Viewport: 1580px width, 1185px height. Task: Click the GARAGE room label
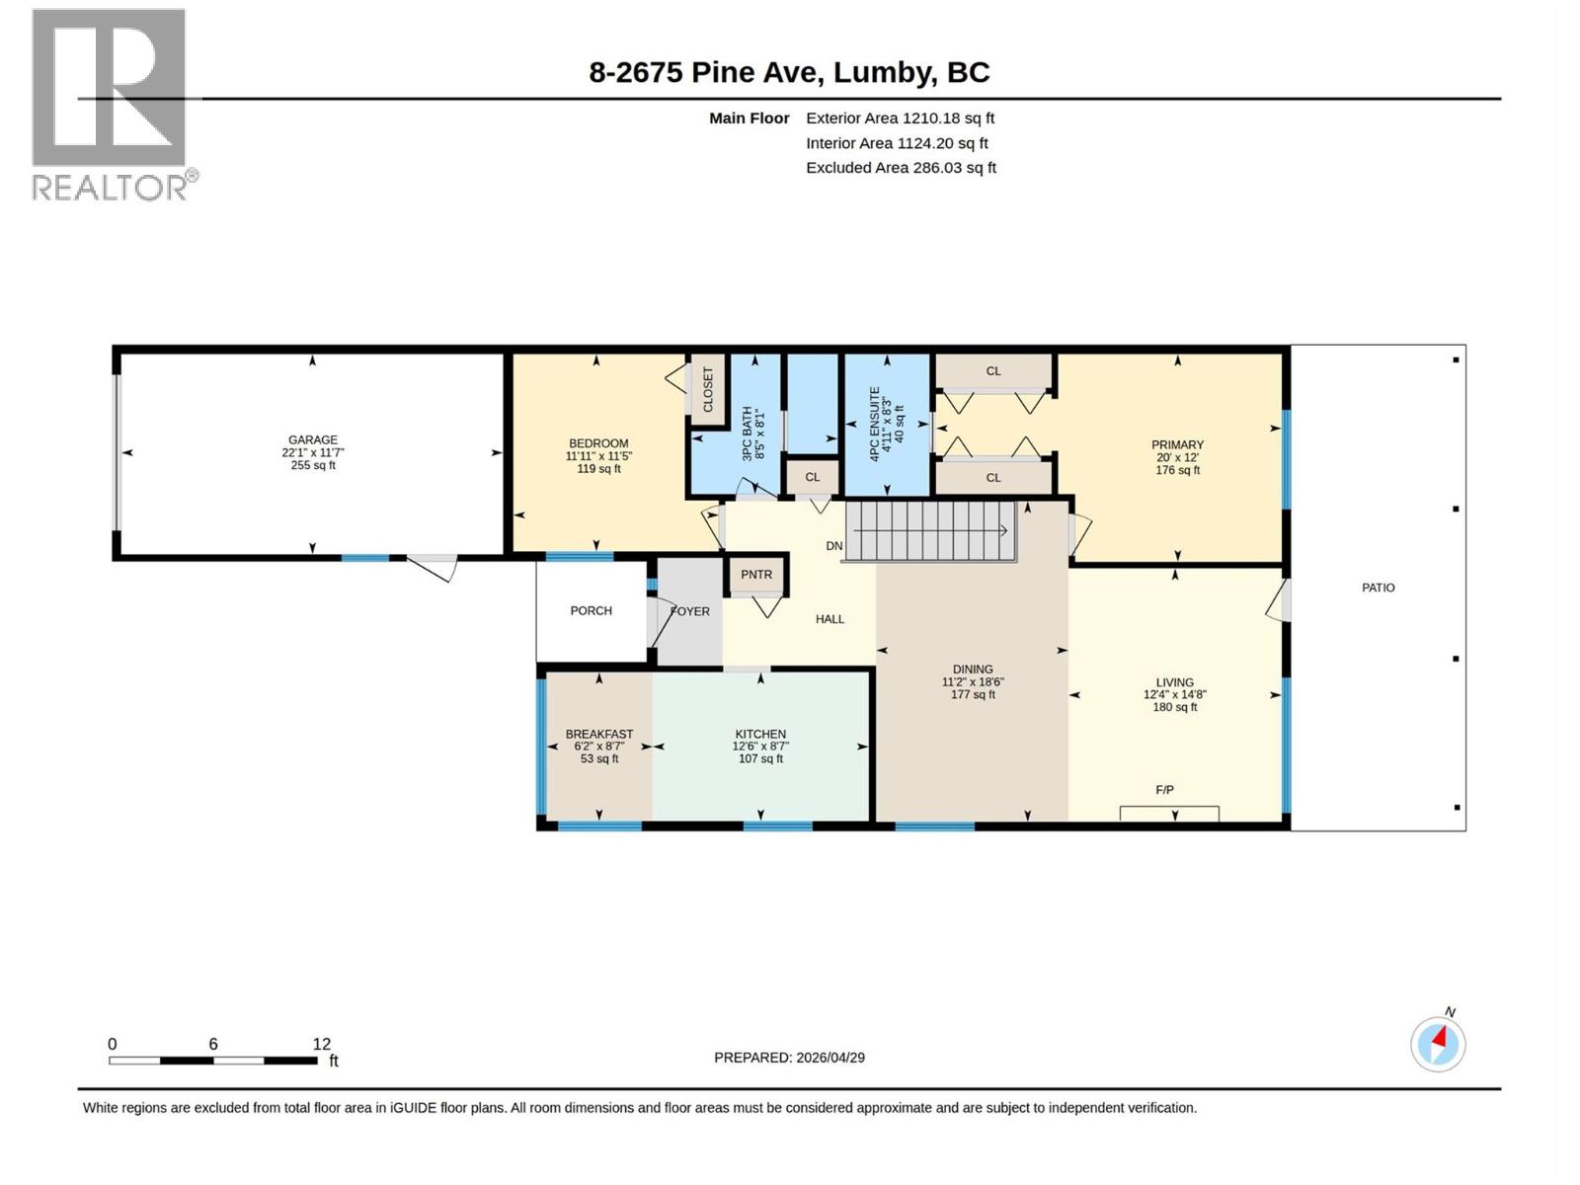pyautogui.click(x=312, y=440)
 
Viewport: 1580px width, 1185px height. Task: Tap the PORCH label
pyautogui.click(x=591, y=611)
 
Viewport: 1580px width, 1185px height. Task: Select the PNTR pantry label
pyautogui.click(x=756, y=575)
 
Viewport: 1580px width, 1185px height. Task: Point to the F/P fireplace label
pyautogui.click(x=1164, y=790)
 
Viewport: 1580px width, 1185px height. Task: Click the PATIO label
pyautogui.click(x=1378, y=588)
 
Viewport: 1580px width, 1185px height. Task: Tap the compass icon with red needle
pyautogui.click(x=1438, y=1044)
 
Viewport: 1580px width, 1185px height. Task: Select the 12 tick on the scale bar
pyautogui.click(x=322, y=1045)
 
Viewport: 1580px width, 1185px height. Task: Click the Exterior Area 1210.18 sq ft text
pyautogui.click(x=900, y=118)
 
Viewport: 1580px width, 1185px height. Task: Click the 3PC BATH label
pyautogui.click(x=748, y=434)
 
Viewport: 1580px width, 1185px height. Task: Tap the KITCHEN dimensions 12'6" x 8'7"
pyautogui.click(x=760, y=747)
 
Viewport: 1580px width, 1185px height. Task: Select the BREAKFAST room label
pyautogui.click(x=598, y=735)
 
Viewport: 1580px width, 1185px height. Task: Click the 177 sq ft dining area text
pyautogui.click(x=973, y=695)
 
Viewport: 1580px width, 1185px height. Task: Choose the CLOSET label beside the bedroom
pyautogui.click(x=708, y=390)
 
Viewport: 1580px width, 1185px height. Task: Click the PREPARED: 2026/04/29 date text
pyautogui.click(x=789, y=1058)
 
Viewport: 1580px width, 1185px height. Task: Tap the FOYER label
pyautogui.click(x=690, y=612)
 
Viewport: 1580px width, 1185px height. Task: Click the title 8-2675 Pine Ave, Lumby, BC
pyautogui.click(x=789, y=72)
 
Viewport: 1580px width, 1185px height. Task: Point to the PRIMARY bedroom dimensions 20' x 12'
pyautogui.click(x=1177, y=458)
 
